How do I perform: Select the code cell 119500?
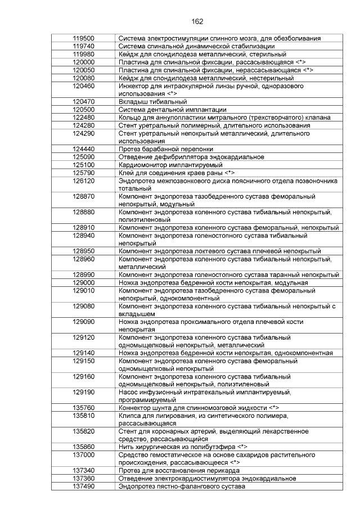click(83, 38)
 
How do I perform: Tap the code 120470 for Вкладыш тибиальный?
click(83, 101)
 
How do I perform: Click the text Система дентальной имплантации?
click(173, 109)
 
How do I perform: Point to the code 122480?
click(83, 117)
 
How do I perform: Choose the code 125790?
click(83, 173)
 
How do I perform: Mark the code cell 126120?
click(83, 181)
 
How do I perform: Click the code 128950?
click(83, 250)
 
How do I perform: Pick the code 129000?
click(83, 282)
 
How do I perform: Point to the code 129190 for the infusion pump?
click(83, 391)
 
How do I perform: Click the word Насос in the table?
click(129, 391)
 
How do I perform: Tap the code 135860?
click(83, 447)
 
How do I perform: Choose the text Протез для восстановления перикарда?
click(181, 470)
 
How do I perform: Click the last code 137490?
click(83, 486)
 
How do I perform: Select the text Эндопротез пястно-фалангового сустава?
click(182, 486)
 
